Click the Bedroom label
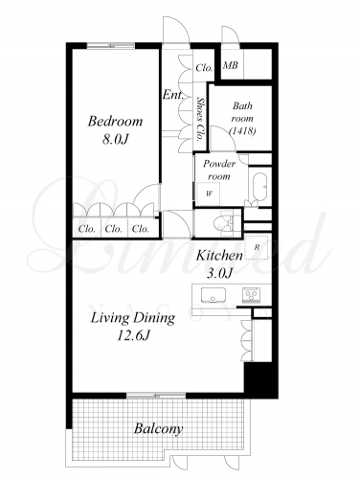click(115, 122)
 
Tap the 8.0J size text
click(115, 139)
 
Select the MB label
click(231, 65)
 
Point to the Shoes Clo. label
click(200, 119)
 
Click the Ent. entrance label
click(173, 95)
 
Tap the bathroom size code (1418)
click(242, 131)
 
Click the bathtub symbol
click(259, 187)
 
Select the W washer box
click(208, 194)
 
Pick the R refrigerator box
click(258, 247)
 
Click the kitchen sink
click(214, 295)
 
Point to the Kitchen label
click(219, 255)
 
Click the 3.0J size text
click(219, 273)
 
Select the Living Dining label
click(133, 318)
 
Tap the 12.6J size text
click(133, 335)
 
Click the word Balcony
click(158, 428)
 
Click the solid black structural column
click(260, 379)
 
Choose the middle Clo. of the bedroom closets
click(114, 229)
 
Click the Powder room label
click(219, 170)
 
